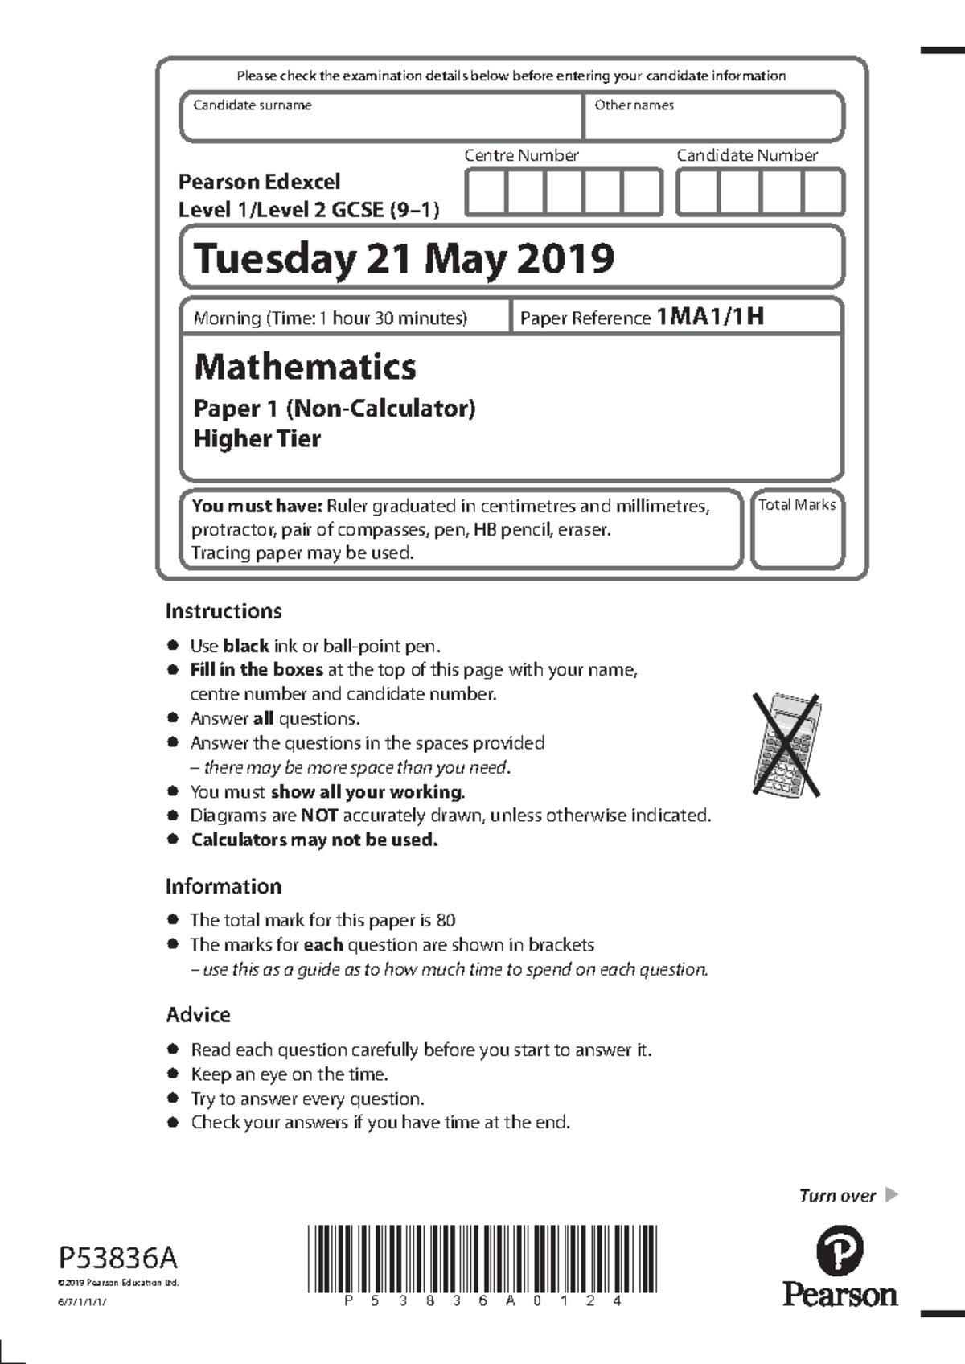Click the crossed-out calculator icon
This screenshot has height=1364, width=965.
click(x=786, y=745)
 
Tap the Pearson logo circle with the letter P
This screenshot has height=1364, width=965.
click(x=840, y=1251)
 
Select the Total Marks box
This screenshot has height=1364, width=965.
click(x=797, y=529)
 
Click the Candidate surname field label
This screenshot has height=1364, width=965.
click(x=253, y=105)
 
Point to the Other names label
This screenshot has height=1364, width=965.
click(x=634, y=105)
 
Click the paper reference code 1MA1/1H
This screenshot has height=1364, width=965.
click(x=710, y=317)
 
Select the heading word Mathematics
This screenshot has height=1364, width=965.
click(x=305, y=367)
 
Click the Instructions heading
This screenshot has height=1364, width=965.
click(x=224, y=611)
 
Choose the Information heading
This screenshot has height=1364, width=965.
click(x=224, y=886)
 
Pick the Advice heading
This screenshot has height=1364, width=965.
click(x=198, y=1015)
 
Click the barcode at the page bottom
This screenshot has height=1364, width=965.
click(x=482, y=1258)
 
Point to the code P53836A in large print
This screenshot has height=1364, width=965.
click(x=117, y=1256)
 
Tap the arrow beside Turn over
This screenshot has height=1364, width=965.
click(x=891, y=1195)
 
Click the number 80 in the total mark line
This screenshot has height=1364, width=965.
click(x=446, y=920)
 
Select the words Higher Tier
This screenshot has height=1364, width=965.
click(x=257, y=439)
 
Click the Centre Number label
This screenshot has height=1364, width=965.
click(x=521, y=155)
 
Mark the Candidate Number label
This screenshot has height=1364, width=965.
click(x=747, y=155)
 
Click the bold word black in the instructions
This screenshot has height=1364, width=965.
click(x=245, y=646)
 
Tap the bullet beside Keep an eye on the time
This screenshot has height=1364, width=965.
click(x=172, y=1074)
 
